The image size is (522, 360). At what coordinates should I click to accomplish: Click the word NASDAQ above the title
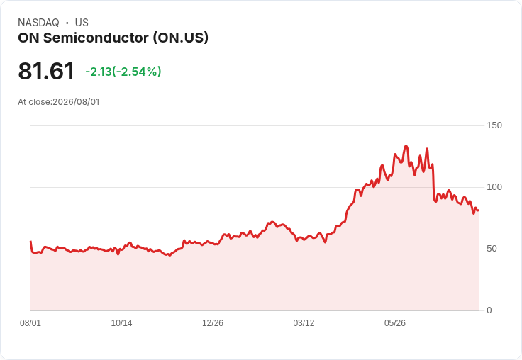38,23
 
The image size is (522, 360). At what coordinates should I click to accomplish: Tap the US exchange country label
82,23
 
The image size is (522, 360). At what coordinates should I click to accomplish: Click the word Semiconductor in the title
96,38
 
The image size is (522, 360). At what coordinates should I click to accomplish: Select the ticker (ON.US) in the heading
181,38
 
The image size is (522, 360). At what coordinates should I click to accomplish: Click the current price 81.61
46,71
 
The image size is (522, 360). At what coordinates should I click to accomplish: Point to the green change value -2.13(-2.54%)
123,72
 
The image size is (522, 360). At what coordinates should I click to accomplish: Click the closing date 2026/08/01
76,102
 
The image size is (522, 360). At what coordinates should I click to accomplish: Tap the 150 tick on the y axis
494,125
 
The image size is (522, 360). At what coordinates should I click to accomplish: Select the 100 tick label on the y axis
494,187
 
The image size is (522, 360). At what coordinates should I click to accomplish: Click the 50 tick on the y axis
492,249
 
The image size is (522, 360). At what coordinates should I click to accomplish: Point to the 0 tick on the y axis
489,310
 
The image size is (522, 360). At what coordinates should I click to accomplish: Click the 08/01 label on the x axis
30,323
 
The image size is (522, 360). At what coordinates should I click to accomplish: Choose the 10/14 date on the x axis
121,323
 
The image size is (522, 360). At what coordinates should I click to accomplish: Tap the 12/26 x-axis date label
213,323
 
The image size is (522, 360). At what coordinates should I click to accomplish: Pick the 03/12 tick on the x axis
304,323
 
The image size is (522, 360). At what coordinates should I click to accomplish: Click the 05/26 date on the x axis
395,323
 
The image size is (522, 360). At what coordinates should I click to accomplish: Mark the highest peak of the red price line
406,146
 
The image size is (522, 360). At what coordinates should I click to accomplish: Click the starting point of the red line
30,242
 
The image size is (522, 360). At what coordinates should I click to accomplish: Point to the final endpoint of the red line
479,210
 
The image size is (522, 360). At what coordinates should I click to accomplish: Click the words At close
34,102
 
